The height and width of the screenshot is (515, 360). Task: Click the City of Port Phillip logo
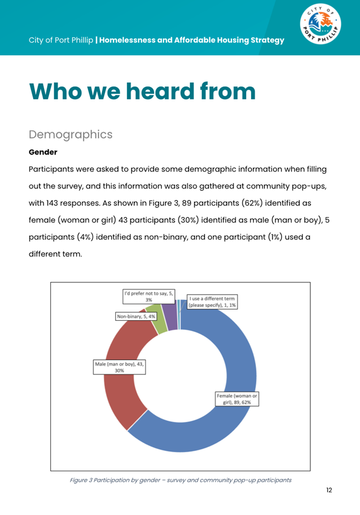coord(321,27)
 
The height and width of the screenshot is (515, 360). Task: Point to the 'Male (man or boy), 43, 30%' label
coord(119,368)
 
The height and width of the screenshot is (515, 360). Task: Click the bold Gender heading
coord(43,152)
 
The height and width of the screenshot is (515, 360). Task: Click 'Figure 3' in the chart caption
coord(83,480)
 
